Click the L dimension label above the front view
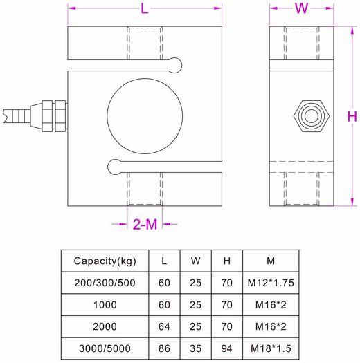pos(144,9)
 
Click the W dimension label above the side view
pos(302,9)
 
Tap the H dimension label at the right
pos(351,116)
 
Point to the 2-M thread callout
pos(145,224)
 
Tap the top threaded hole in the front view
pos(145,47)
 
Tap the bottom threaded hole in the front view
pos(145,188)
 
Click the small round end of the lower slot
pos(114,165)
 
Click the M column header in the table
pos(270,261)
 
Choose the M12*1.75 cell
pos(270,282)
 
